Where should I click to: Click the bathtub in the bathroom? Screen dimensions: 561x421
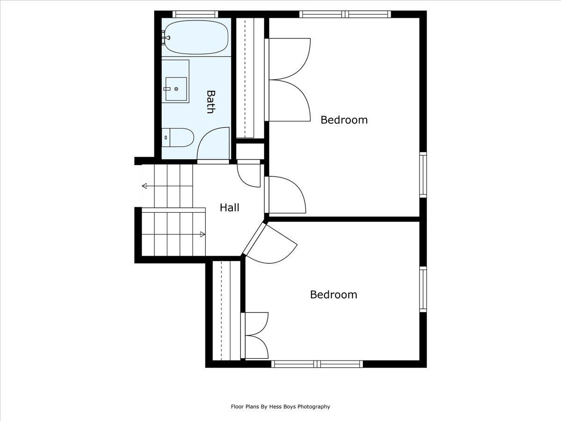[196, 37]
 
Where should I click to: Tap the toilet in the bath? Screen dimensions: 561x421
[178, 138]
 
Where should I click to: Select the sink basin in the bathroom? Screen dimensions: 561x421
[176, 89]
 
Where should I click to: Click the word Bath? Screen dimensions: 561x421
[210, 102]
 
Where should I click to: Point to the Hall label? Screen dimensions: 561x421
[230, 208]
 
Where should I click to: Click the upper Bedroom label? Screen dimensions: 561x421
[344, 120]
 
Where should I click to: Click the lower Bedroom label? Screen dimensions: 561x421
[333, 295]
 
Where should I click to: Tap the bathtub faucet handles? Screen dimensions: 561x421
[165, 37]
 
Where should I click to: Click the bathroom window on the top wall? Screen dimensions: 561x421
[195, 14]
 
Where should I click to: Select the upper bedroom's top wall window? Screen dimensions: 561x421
[345, 14]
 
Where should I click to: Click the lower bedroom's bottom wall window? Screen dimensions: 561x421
[317, 364]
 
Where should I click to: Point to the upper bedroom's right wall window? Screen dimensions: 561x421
[423, 174]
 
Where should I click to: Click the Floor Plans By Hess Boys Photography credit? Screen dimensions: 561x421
[280, 406]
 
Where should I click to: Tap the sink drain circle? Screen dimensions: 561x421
[176, 89]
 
